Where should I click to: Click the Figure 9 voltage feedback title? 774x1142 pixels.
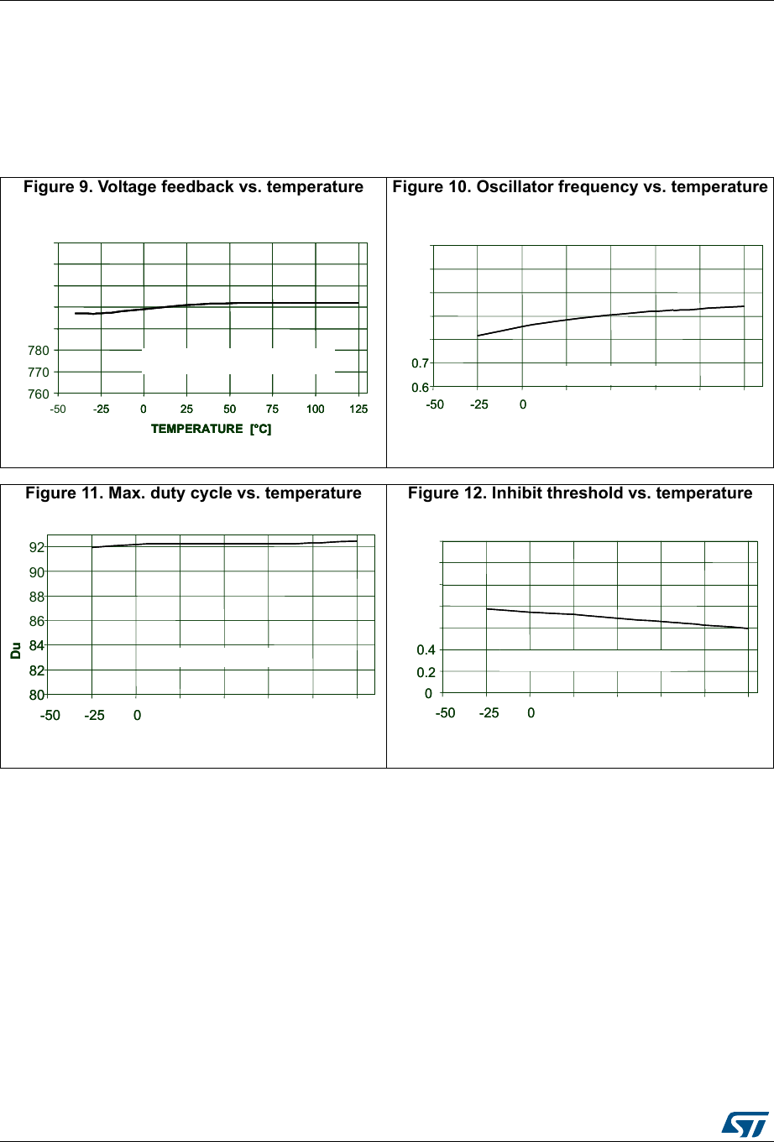coord(193,187)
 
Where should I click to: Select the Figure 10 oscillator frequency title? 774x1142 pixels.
coord(580,187)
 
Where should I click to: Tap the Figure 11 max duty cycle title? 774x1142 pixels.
coord(193,493)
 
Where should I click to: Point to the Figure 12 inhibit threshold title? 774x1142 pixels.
coord(580,493)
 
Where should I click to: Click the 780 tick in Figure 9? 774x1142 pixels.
coord(39,350)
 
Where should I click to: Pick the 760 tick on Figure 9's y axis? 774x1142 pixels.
coord(39,393)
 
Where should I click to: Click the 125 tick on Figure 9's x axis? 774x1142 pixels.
coord(358,409)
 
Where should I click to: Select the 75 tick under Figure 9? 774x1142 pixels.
coord(272,409)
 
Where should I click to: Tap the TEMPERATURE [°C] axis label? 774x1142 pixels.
coord(211,429)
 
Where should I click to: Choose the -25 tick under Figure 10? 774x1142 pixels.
coord(479,404)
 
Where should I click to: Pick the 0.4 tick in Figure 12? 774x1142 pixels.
coord(427,649)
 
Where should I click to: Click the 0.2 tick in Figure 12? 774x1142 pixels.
coord(427,671)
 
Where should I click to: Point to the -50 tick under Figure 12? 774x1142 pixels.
coord(445,713)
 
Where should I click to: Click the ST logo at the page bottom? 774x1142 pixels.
coord(741,1124)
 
